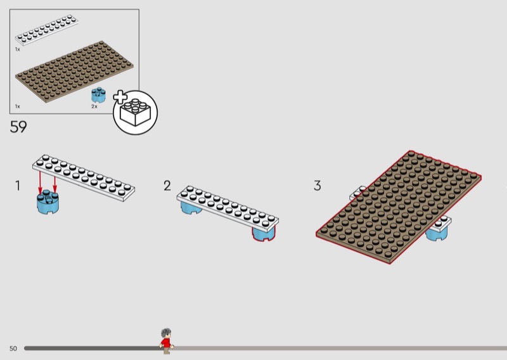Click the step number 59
(x=18, y=127)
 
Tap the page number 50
(x=13, y=349)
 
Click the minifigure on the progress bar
(x=166, y=340)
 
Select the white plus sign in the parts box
(x=120, y=96)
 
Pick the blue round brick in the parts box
(x=98, y=96)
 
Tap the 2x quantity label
(x=94, y=106)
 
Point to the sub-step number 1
(x=18, y=186)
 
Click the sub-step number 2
(x=167, y=186)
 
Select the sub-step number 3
(x=317, y=186)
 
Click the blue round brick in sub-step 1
(x=48, y=203)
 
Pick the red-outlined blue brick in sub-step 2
(x=264, y=235)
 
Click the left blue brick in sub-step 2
(x=192, y=209)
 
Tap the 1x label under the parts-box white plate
(x=18, y=49)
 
